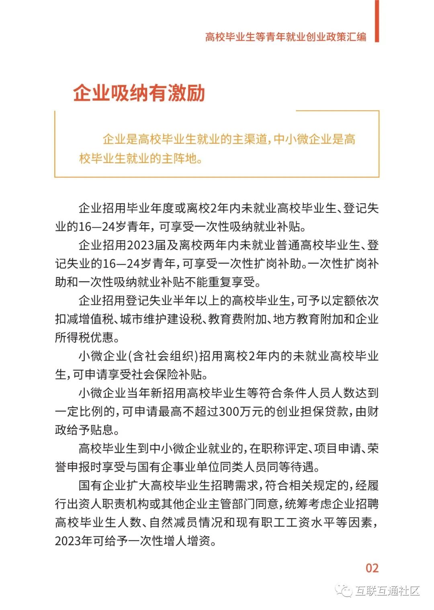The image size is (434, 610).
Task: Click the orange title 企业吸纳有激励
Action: pyautogui.click(x=139, y=93)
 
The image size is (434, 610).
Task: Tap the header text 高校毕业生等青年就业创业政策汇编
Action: pyautogui.click(x=286, y=37)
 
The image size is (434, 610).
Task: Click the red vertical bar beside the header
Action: pyautogui.click(x=377, y=21)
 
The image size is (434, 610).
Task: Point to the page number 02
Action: pyautogui.click(x=372, y=568)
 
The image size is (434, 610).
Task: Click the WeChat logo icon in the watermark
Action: pyautogui.click(x=345, y=591)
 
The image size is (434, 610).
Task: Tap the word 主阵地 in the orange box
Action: pyautogui.click(x=179, y=159)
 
